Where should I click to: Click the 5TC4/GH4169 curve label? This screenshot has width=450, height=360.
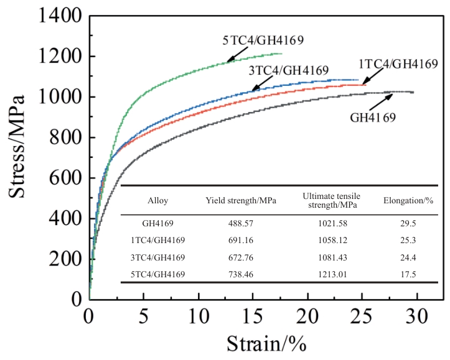coord(263,41)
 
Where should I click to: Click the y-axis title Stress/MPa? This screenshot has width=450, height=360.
coord(17,147)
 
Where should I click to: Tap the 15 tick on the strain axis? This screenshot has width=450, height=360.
coord(253,315)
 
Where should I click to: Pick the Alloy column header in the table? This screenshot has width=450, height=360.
coord(157,201)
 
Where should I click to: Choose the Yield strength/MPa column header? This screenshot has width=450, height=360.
coord(241,201)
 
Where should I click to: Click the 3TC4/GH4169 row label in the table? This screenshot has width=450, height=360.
coord(158,257)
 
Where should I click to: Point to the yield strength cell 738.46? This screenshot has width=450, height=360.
coord(241,272)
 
